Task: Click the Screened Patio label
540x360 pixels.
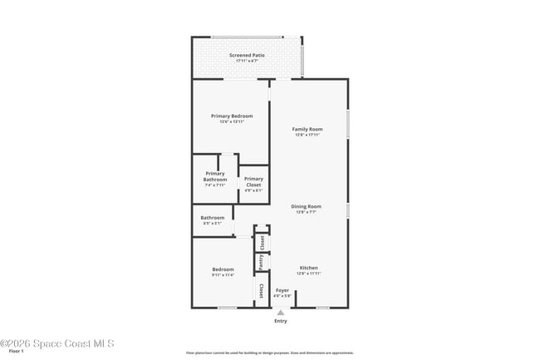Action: pyautogui.click(x=247, y=55)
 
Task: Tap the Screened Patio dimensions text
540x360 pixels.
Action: pyautogui.click(x=247, y=61)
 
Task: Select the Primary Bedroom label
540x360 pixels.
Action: pyautogui.click(x=231, y=116)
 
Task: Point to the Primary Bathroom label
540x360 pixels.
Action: pyautogui.click(x=215, y=176)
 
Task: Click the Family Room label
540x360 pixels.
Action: pyautogui.click(x=307, y=129)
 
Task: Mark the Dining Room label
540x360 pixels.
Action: pyautogui.click(x=306, y=206)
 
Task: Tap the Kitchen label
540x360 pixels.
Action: pyautogui.click(x=308, y=268)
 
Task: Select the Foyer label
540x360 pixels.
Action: pyautogui.click(x=282, y=290)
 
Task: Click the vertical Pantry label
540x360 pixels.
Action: pyautogui.click(x=262, y=262)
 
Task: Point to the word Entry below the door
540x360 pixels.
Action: pyautogui.click(x=281, y=321)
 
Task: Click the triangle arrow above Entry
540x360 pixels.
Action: pyautogui.click(x=281, y=313)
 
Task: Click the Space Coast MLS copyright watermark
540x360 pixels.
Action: pyautogui.click(x=56, y=343)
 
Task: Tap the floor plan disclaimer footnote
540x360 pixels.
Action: pyautogui.click(x=269, y=353)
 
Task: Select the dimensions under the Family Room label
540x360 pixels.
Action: pyautogui.click(x=307, y=135)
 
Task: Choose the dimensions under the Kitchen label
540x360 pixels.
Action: pyautogui.click(x=308, y=274)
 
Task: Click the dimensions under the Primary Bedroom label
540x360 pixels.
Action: pyautogui.click(x=231, y=121)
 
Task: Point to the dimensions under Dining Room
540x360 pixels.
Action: pyautogui.click(x=306, y=212)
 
